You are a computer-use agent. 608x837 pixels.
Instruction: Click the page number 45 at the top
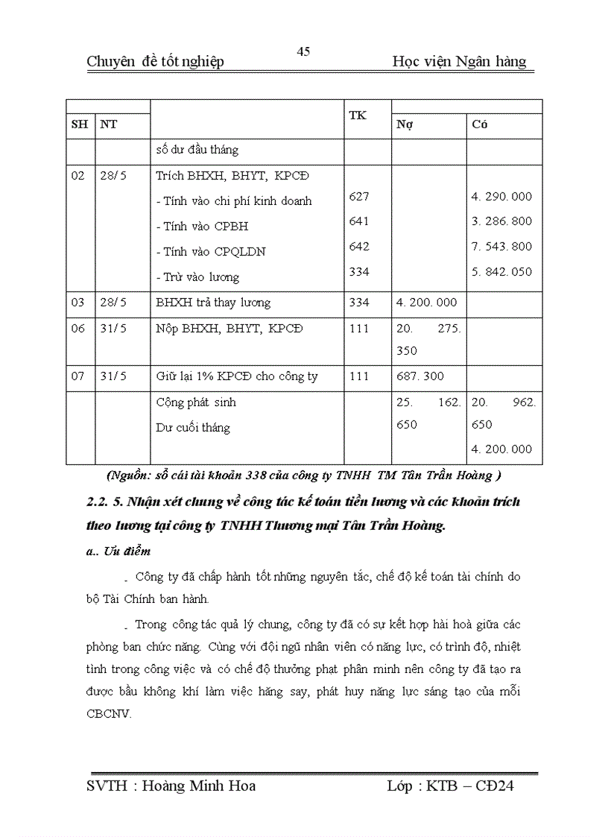[303, 51]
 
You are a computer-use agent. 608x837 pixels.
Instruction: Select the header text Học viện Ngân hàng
[459, 62]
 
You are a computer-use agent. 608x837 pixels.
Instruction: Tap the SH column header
[79, 124]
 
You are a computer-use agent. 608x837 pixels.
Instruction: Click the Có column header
[480, 124]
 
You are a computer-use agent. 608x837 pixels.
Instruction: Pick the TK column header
[358, 116]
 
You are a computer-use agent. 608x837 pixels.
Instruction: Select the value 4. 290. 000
[501, 197]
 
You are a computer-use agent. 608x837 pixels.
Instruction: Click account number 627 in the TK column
[358, 197]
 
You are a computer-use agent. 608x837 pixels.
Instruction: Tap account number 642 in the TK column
[358, 247]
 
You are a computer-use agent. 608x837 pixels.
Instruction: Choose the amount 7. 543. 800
[501, 247]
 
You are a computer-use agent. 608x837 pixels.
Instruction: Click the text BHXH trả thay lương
[213, 303]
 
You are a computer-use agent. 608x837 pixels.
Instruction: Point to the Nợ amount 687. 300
[419, 376]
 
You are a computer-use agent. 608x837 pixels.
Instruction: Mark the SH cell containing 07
[78, 376]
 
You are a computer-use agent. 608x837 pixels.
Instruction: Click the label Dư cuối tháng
[193, 428]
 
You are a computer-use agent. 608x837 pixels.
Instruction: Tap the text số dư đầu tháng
[197, 150]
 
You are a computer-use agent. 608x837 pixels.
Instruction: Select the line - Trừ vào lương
[197, 277]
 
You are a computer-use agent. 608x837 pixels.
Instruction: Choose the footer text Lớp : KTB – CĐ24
[451, 786]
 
